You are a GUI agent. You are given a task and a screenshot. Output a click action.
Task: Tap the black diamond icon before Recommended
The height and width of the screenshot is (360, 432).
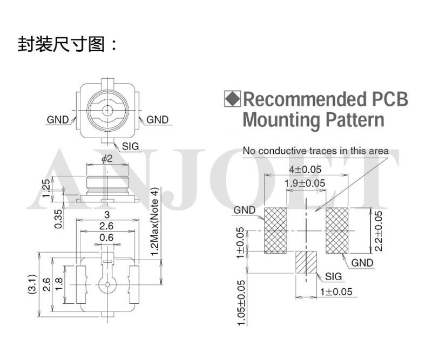coord(232,99)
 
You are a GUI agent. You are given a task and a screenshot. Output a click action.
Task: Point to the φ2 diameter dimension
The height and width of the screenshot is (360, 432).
coord(107,158)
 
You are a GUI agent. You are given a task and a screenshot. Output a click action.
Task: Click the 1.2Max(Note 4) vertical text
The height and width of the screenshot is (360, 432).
coord(155,221)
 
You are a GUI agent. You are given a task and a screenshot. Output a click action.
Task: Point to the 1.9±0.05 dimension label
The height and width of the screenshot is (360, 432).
coord(305,184)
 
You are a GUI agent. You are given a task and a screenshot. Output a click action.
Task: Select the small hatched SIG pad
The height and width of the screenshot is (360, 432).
coord(306,264)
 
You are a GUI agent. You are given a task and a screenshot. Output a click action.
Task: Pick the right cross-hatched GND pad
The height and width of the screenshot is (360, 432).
coord(336,230)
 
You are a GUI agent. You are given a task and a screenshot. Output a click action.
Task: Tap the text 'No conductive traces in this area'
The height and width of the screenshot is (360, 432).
coord(315,151)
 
